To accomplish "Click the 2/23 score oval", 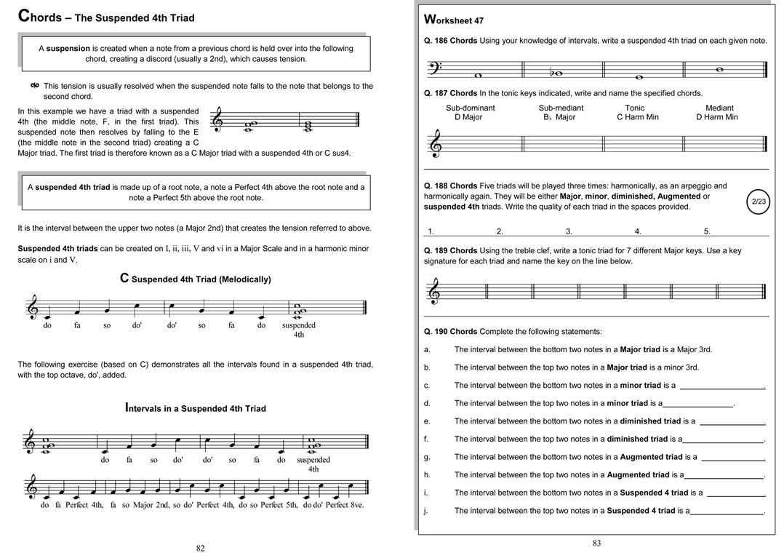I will pos(758,202).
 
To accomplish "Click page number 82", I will pos(201,548).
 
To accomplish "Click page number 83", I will pos(596,543).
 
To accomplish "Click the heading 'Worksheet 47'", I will pos(454,20).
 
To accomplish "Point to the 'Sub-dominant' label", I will pos(470,108).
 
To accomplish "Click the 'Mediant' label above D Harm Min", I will pos(719,108).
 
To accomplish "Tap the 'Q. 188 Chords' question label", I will pos(451,186).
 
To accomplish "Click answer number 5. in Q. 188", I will pos(706,231).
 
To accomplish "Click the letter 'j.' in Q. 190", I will pos(427,511).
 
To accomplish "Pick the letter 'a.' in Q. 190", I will pos(427,350).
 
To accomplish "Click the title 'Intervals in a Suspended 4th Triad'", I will pos(196,408).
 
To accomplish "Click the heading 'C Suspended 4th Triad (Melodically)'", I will pos(195,279).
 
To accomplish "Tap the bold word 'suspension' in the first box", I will pos(68,49).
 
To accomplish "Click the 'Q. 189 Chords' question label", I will pos(451,251).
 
